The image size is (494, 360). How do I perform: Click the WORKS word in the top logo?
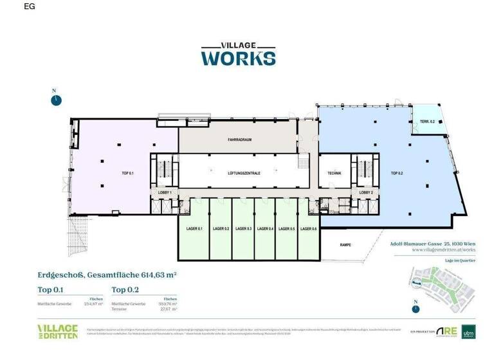[239, 58]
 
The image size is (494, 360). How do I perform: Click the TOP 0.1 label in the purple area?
[127, 174]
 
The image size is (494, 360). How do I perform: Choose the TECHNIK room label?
[333, 174]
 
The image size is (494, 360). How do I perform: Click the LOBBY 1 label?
[161, 193]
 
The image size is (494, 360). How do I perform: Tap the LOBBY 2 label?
[366, 193]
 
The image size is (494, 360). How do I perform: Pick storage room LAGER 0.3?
[243, 230]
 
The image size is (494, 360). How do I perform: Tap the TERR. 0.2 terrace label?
[428, 122]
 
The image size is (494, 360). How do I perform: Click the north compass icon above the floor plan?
[57, 100]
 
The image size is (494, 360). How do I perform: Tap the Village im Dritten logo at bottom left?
[57, 332]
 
